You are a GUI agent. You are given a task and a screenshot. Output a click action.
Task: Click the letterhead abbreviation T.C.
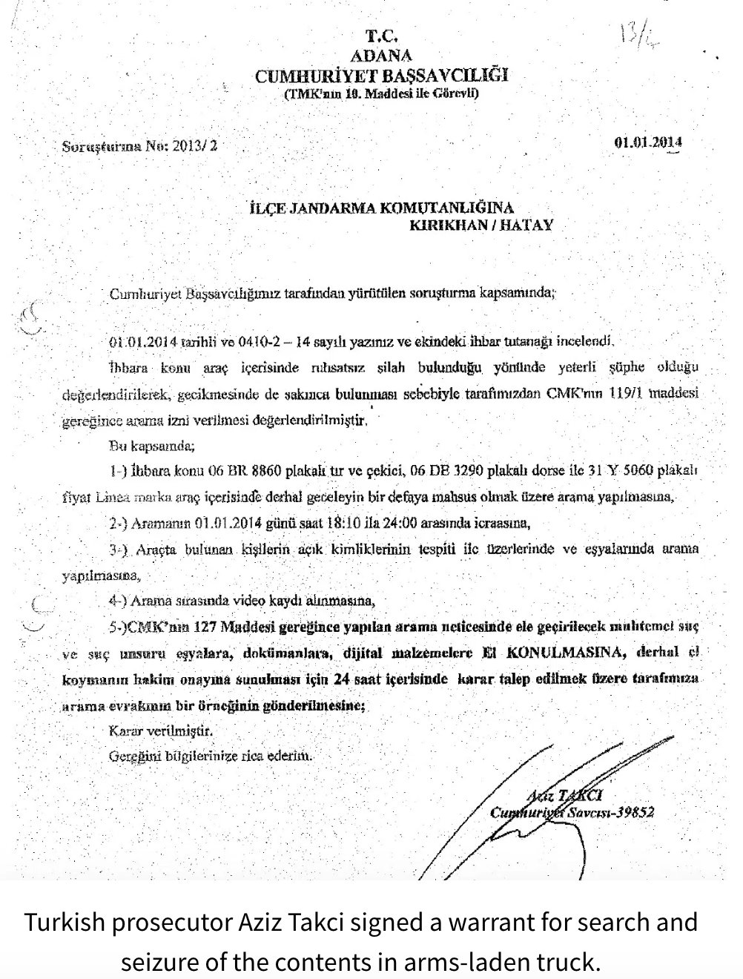(x=382, y=36)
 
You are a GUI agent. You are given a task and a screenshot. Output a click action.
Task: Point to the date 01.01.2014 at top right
(x=648, y=143)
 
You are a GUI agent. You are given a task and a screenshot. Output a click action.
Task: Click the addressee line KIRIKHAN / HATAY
(x=482, y=225)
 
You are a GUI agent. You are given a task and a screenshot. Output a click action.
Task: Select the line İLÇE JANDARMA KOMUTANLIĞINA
(x=381, y=208)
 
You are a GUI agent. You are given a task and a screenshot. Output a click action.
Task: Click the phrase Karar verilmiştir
(x=161, y=730)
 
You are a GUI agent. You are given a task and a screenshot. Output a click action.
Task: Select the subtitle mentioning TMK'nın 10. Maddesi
(x=381, y=94)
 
